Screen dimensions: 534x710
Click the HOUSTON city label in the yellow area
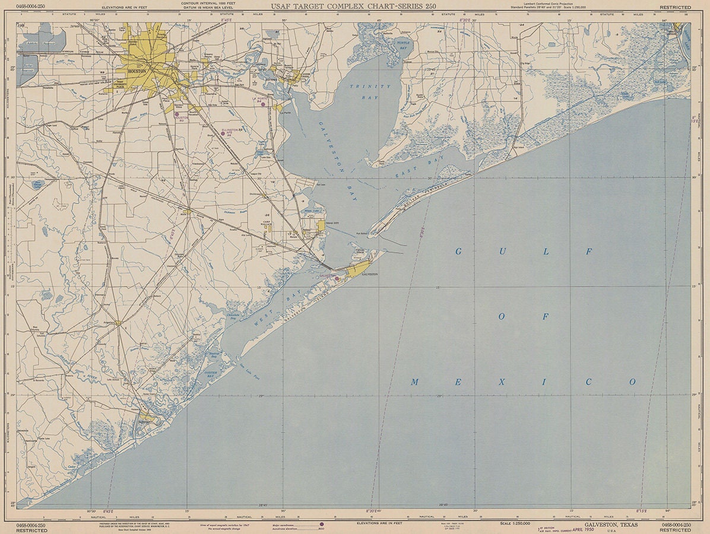[x=137, y=71]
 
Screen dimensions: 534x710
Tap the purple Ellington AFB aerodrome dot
[x=223, y=133]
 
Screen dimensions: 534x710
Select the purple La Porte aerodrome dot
[x=263, y=104]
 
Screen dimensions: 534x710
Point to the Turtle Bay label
[x=403, y=45]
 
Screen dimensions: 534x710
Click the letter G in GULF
[x=458, y=252]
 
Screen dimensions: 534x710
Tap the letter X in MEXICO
[x=502, y=382]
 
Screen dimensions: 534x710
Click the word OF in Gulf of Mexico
[x=523, y=317]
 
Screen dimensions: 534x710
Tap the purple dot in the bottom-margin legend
[x=321, y=525]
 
